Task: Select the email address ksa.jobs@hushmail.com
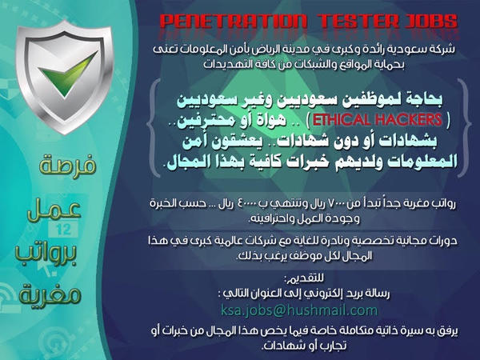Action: [x=298, y=310]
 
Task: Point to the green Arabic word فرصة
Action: [x=67, y=166]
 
